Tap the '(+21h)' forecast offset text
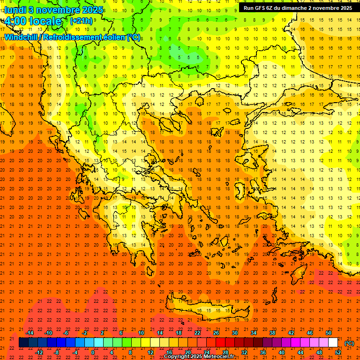click(81, 21)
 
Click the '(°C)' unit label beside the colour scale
click(349, 343)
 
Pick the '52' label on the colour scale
click(338, 352)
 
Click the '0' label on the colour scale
click(93, 352)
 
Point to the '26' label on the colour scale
click(216, 333)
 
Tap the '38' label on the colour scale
click(272, 333)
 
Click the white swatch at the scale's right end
click(333, 343)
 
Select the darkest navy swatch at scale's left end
click(23, 343)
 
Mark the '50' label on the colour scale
click(329, 333)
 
